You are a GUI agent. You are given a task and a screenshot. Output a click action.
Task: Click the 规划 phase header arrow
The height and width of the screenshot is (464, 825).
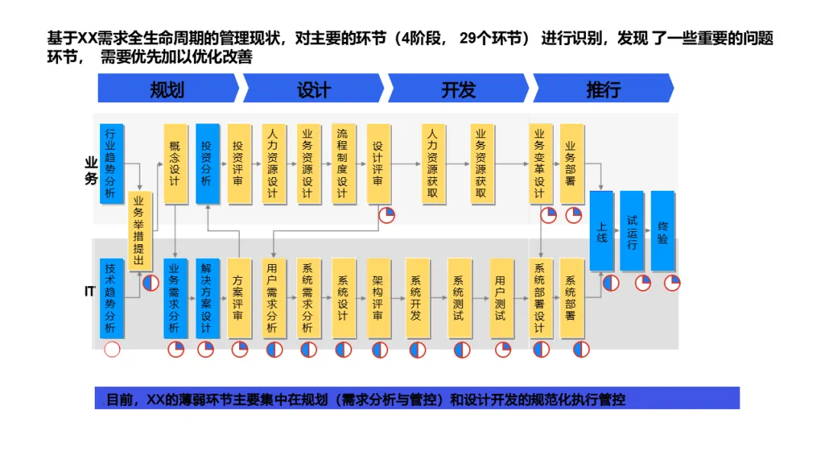[x=167, y=89]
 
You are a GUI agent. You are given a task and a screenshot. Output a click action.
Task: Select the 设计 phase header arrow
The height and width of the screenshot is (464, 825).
[x=313, y=89]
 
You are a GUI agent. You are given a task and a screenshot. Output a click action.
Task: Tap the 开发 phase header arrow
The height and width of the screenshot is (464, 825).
[x=458, y=89]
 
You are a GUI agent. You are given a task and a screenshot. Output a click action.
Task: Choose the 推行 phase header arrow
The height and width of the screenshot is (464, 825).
[x=603, y=89]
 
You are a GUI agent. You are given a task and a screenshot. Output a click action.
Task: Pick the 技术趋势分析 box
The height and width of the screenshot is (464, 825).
[x=112, y=298]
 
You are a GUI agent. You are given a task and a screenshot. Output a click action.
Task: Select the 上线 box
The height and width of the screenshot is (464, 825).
[x=602, y=230]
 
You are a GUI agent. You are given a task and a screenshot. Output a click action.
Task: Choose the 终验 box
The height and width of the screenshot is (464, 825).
[x=662, y=230]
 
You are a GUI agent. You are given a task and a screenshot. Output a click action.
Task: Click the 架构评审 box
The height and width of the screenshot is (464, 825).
[x=378, y=298]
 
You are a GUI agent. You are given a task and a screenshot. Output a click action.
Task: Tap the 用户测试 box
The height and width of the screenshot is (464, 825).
[x=501, y=298]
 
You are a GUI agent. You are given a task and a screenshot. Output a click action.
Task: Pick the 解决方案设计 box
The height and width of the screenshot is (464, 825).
[x=206, y=298]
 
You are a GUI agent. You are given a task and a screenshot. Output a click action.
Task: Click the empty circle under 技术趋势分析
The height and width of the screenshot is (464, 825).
[x=112, y=350]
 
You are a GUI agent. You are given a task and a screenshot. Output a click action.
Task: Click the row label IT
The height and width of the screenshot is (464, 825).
[x=89, y=292]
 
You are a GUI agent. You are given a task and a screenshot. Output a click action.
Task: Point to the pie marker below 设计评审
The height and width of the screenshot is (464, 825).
[x=387, y=215]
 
